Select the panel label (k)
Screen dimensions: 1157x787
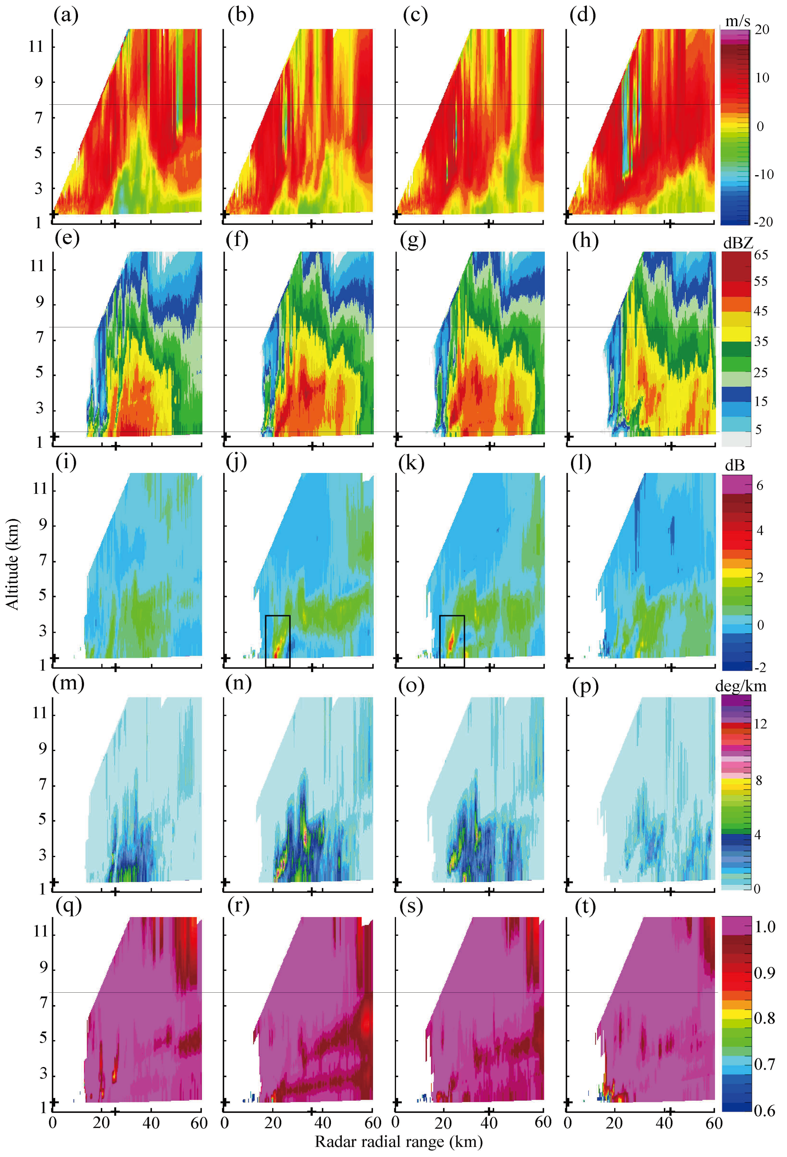(411, 463)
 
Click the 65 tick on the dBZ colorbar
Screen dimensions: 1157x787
(761, 255)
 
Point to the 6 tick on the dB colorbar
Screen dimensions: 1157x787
(760, 486)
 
